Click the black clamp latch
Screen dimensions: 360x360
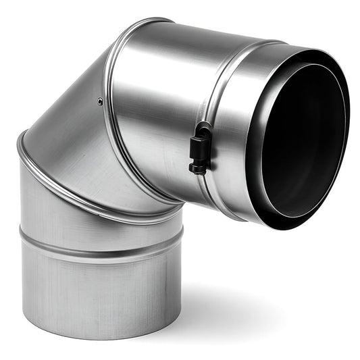tap(198, 146)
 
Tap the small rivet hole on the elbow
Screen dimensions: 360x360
tap(100, 102)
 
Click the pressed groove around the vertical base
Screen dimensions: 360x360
tap(101, 247)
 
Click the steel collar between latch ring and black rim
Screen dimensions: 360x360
tap(233, 122)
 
